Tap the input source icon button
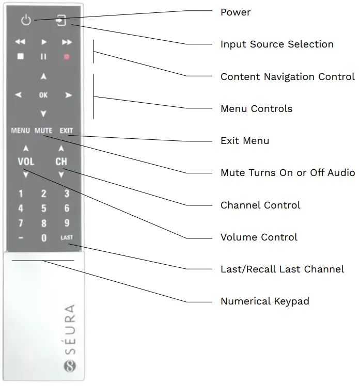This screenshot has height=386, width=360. tap(61, 21)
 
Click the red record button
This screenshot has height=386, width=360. tap(67, 57)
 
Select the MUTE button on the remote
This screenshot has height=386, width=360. tap(43, 131)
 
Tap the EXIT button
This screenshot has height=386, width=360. tap(66, 131)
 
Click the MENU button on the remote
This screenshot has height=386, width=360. tap(20, 131)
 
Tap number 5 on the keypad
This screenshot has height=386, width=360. tap(43, 209)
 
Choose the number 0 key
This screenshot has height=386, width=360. tap(43, 238)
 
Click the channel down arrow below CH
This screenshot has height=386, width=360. tap(61, 175)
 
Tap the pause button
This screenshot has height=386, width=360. tap(43, 57)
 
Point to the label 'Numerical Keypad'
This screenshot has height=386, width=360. tap(264, 301)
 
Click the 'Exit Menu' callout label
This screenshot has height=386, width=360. tap(244, 141)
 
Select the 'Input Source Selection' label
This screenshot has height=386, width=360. tap(277, 44)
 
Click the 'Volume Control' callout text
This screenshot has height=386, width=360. tap(259, 237)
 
